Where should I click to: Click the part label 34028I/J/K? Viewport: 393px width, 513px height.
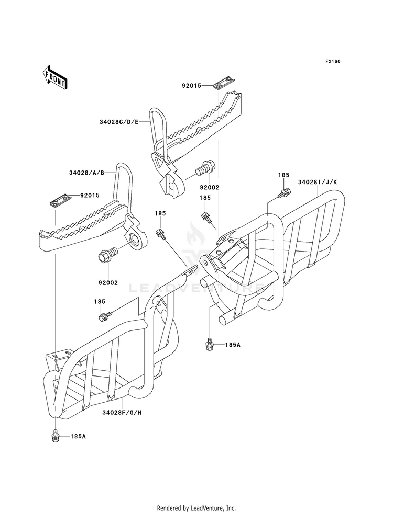click(321, 183)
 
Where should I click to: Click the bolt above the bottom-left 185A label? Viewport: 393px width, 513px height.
click(54, 436)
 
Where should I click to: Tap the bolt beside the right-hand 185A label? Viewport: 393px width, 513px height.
click(209, 345)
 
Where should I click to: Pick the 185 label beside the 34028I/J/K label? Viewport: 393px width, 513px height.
click(283, 175)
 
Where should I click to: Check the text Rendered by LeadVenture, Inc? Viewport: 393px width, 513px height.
click(196, 508)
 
